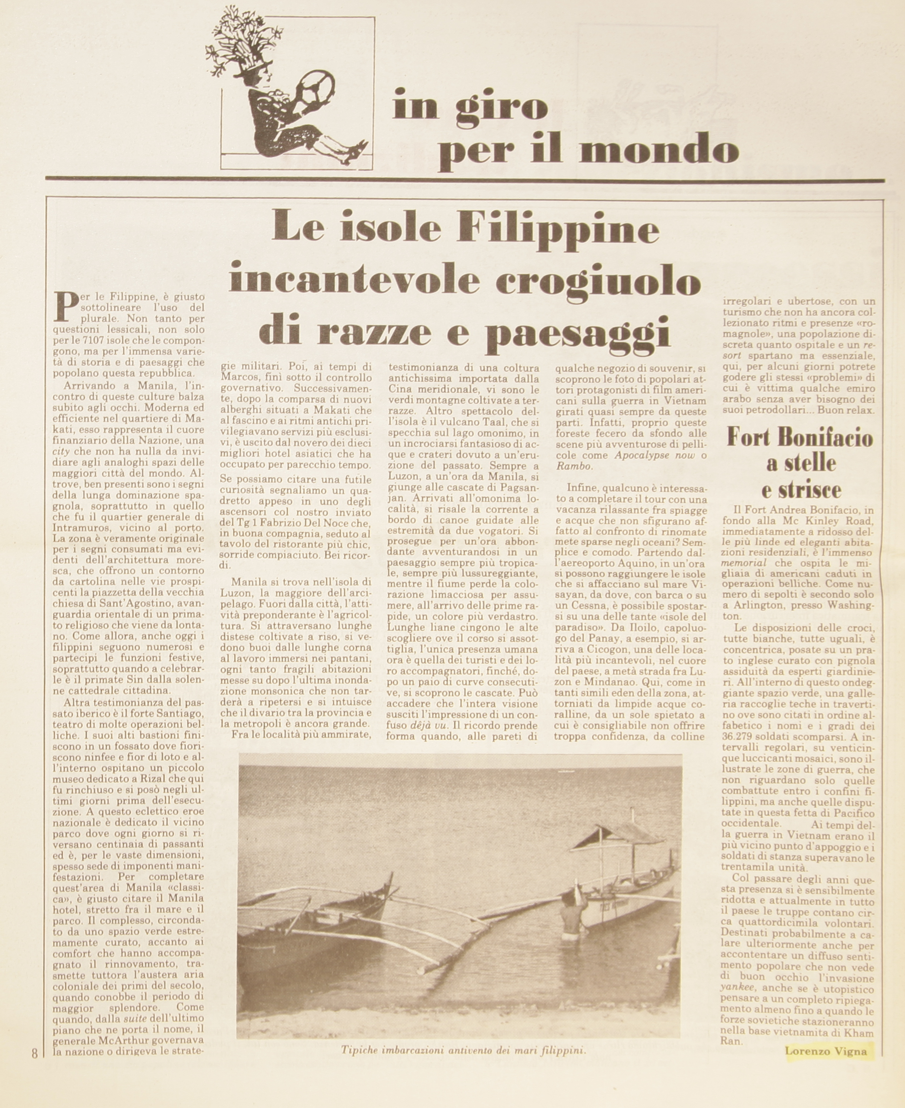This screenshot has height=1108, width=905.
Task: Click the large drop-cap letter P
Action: [x=64, y=307]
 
